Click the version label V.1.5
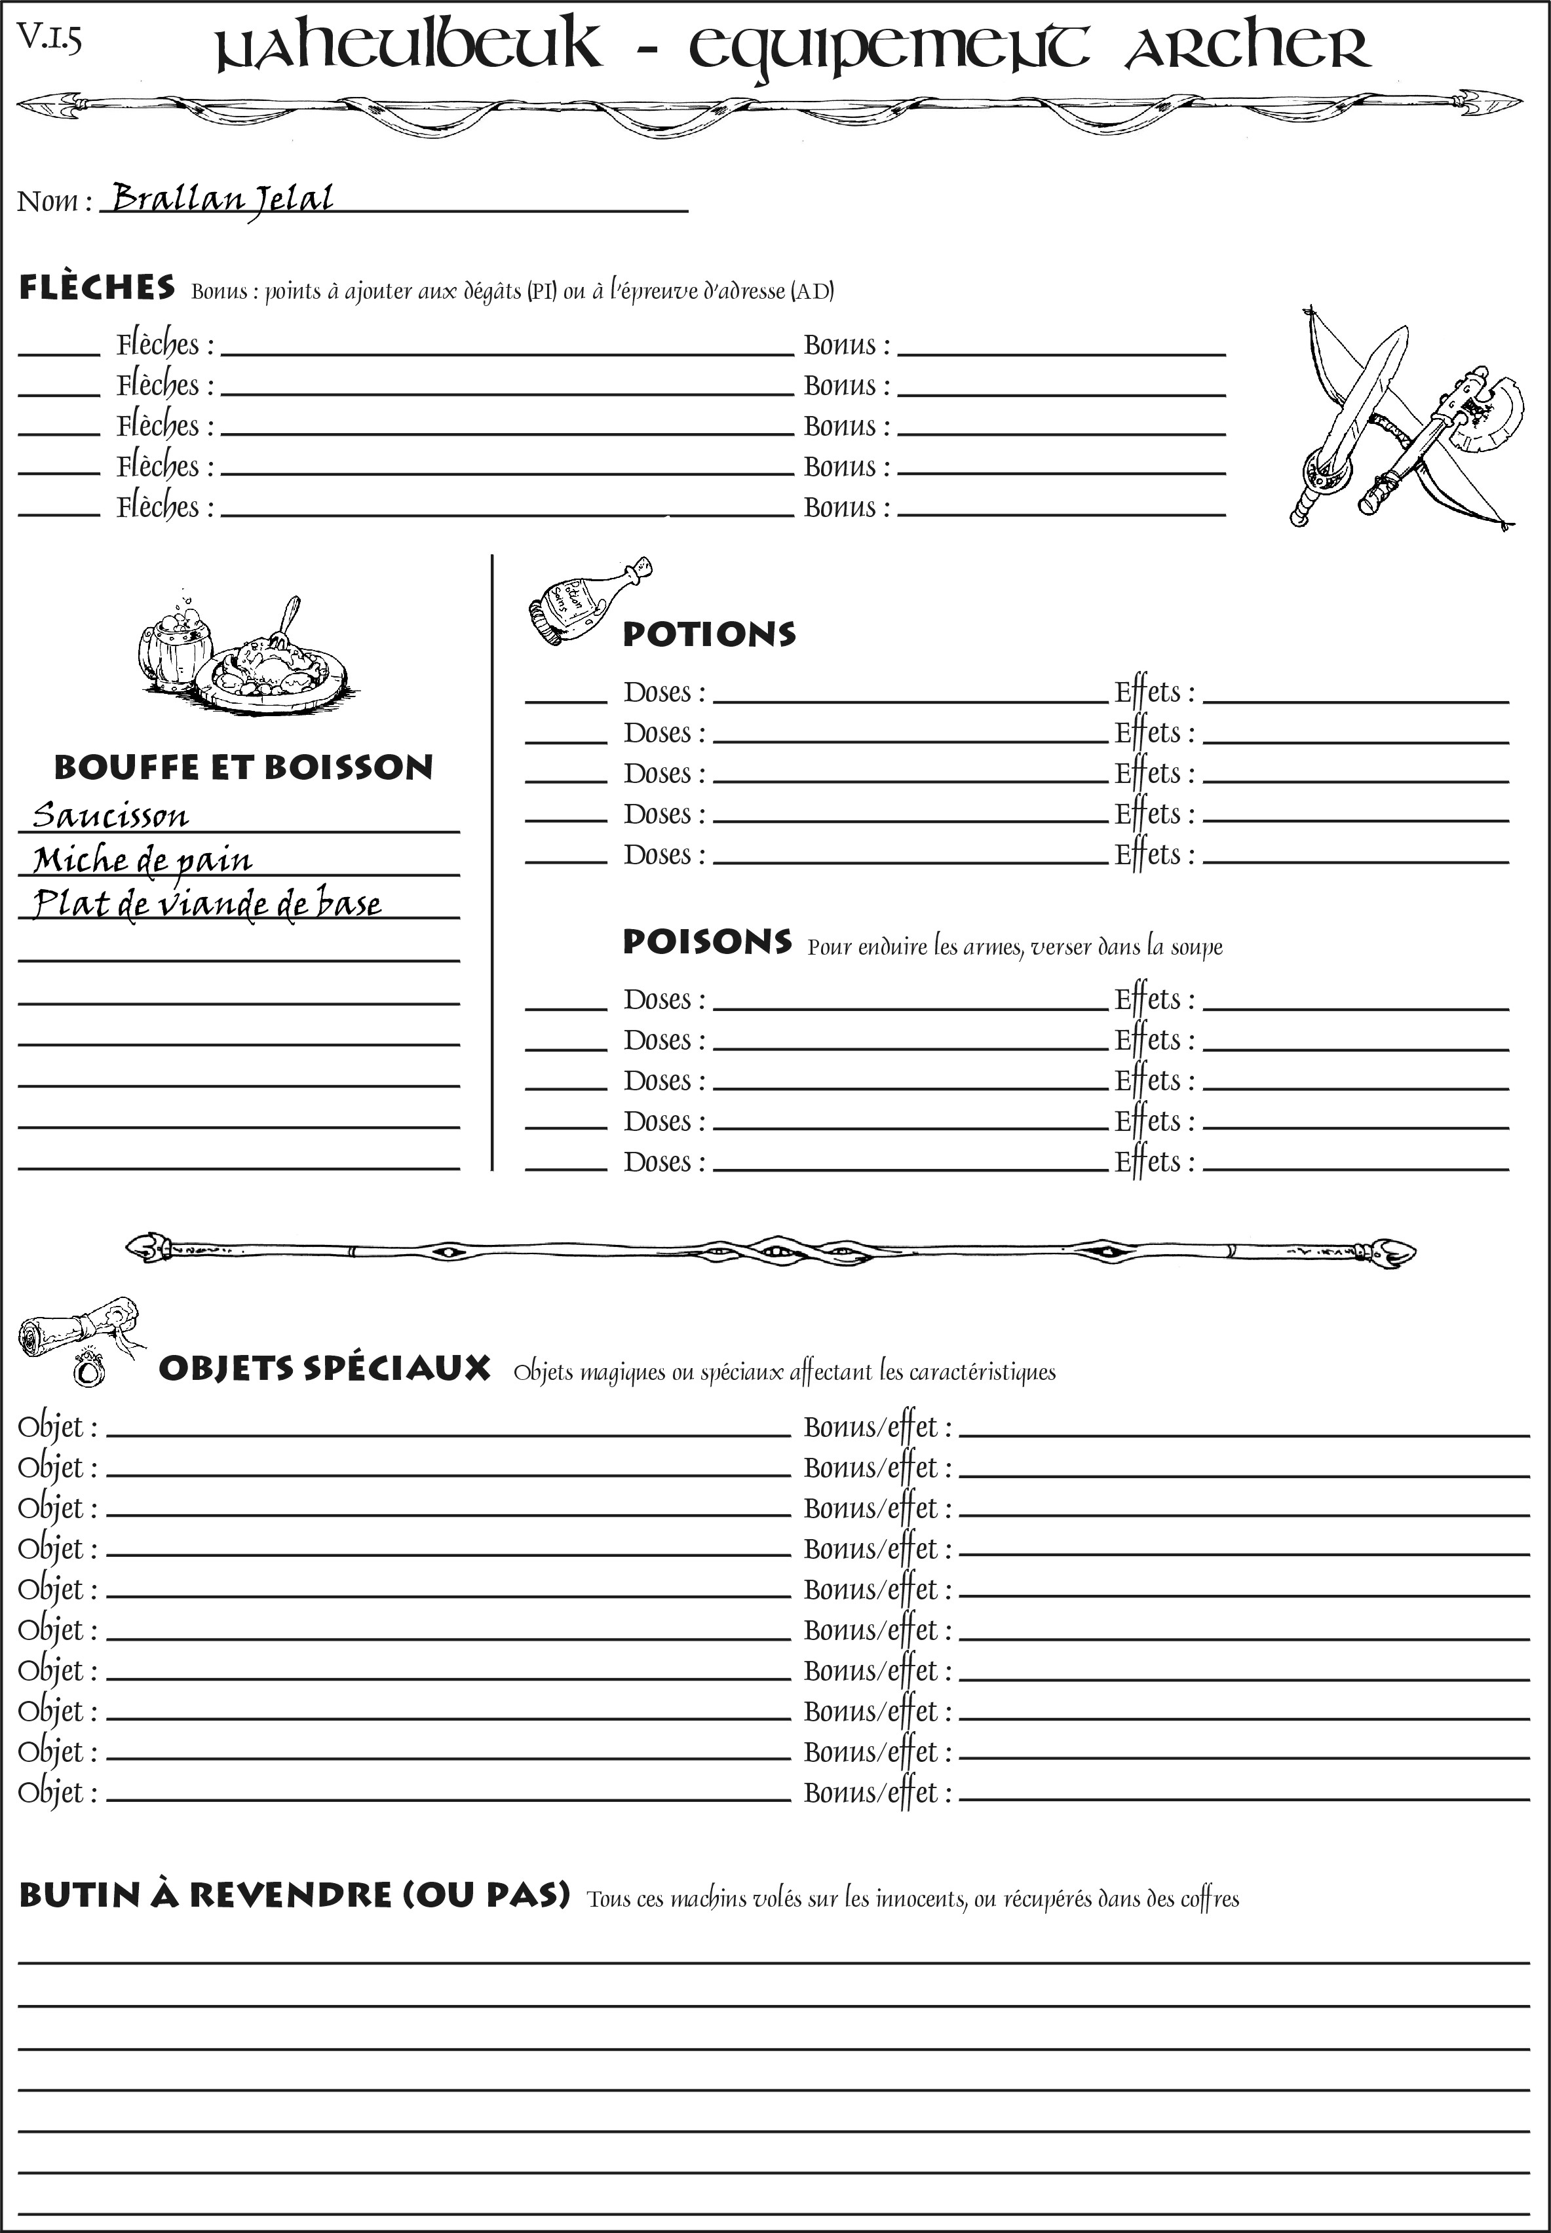[48, 39]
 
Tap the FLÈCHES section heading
[97, 288]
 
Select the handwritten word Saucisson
[110, 815]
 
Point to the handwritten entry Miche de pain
[142, 860]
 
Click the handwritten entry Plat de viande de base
[206, 904]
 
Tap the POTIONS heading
[708, 634]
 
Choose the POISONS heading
[706, 942]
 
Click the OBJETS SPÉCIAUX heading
[324, 1368]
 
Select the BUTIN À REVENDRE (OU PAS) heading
[294, 1895]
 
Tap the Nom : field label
[54, 201]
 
